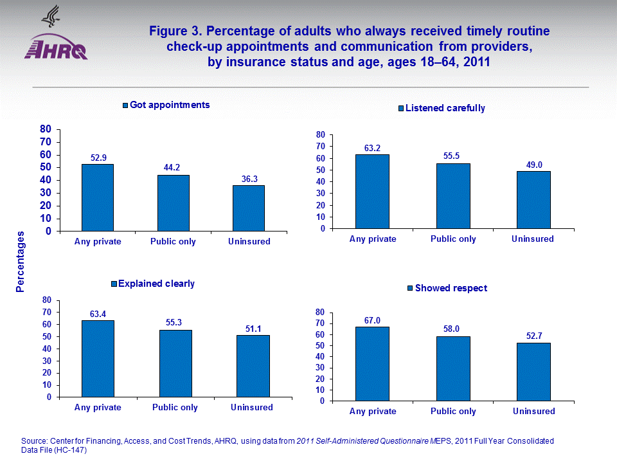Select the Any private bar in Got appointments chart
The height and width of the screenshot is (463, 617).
97,197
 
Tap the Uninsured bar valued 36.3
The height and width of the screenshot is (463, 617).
248,208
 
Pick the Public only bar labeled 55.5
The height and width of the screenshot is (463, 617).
453,196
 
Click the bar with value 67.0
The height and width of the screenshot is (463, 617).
372,364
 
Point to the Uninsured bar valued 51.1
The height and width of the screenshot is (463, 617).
253,366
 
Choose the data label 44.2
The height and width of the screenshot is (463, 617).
173,168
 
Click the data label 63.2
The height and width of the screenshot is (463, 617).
372,147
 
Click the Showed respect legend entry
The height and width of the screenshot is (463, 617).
447,288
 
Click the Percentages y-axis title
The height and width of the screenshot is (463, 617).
21,262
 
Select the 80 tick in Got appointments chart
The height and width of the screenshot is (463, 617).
46,129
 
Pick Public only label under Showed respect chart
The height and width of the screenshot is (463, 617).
453,412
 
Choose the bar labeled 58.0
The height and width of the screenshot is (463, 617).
453,368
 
